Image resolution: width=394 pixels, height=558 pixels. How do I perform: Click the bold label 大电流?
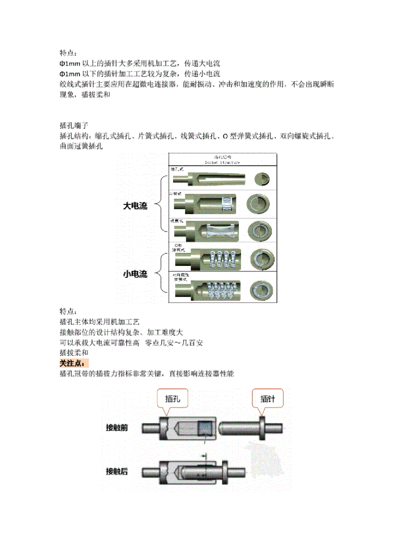[135, 206]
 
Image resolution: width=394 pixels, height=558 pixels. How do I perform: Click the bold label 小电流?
[135, 274]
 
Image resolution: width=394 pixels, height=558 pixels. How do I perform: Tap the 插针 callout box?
[268, 399]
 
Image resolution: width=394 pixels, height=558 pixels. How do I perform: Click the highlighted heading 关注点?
[75, 363]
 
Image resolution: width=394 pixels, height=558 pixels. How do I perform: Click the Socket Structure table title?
[223, 159]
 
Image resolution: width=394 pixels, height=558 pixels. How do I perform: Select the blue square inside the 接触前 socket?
[206, 428]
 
